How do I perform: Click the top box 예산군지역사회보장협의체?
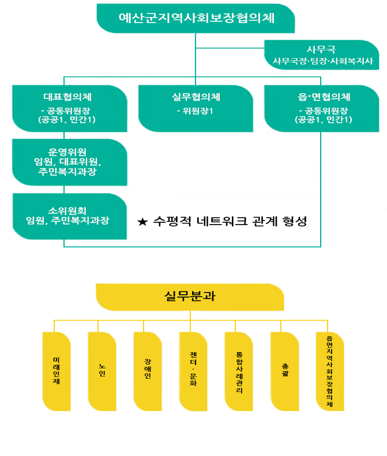click(x=196, y=18)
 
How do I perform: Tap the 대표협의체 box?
click(x=70, y=108)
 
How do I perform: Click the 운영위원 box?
click(x=69, y=162)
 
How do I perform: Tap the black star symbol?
click(x=142, y=222)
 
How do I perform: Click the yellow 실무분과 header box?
click(x=190, y=297)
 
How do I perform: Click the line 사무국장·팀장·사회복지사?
click(x=323, y=61)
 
